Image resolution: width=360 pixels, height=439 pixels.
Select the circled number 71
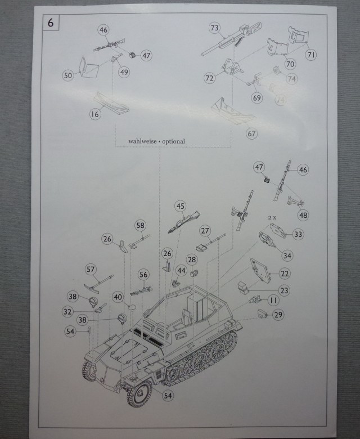click(310, 55)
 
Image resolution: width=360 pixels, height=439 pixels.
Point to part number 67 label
click(251, 133)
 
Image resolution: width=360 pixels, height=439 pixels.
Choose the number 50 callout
click(68, 75)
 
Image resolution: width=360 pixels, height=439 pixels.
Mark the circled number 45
click(181, 206)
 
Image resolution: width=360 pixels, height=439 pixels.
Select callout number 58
click(140, 225)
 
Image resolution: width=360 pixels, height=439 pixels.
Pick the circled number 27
click(205, 230)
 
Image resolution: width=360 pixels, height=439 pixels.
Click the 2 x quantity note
click(273, 216)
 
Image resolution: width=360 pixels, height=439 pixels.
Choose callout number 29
click(277, 315)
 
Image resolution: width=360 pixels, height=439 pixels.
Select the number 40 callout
click(118, 296)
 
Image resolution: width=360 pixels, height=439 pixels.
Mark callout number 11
click(273, 301)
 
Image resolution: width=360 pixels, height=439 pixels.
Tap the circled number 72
click(210, 78)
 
